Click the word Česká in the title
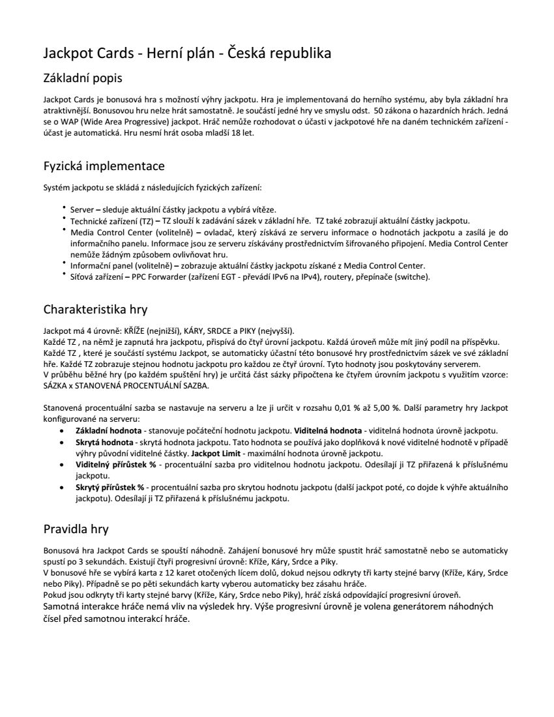pyautogui.click(x=248, y=53)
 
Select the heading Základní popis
pyautogui.click(x=83, y=78)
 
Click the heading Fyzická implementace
pyautogui.click(x=104, y=166)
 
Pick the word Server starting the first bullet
pyautogui.click(x=82, y=209)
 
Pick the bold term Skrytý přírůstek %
pyautogui.click(x=109, y=487)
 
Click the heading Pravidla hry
pyautogui.click(x=76, y=528)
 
